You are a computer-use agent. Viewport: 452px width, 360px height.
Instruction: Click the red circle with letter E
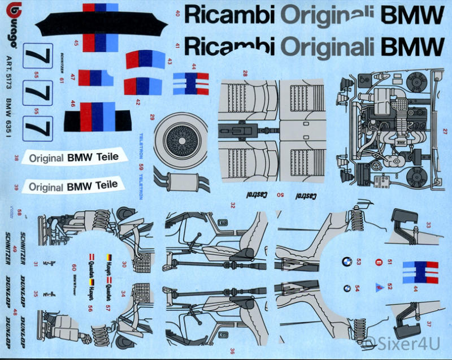[x=379, y=262]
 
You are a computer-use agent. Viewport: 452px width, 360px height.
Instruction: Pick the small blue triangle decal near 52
[x=379, y=287]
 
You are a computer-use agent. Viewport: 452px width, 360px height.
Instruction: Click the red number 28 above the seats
[x=245, y=73]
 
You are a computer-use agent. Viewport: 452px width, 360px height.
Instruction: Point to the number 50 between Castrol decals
[x=281, y=195]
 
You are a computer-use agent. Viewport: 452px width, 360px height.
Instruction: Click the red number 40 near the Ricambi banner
[x=177, y=15]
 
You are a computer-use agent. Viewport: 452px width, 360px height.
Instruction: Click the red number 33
[x=428, y=224]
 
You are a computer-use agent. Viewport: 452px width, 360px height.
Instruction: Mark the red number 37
[x=429, y=324]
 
